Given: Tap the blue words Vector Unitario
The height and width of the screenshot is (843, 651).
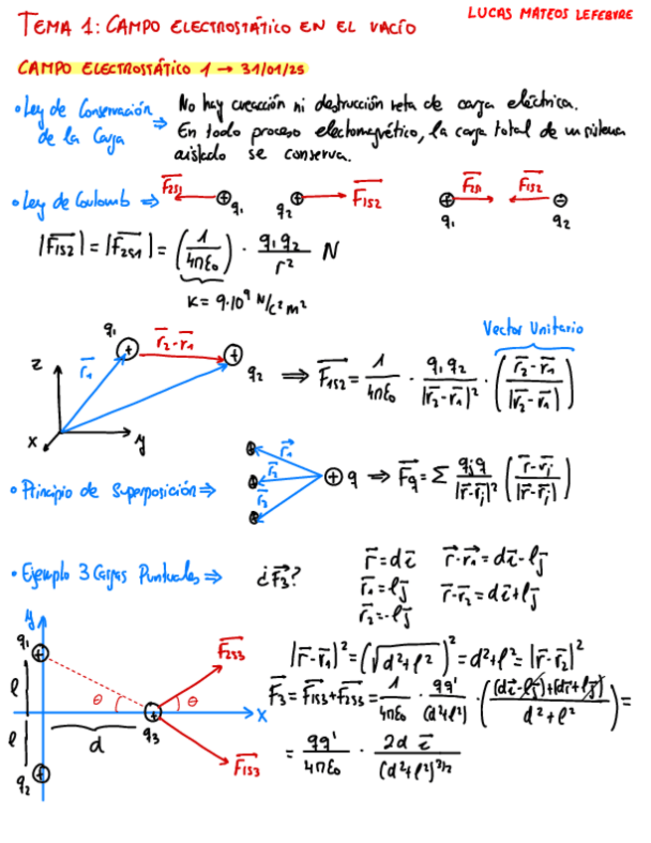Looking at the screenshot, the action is click(x=533, y=329).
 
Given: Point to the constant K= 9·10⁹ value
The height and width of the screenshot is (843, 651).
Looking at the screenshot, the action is click(x=231, y=301).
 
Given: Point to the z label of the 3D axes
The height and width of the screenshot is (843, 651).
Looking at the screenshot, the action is click(x=37, y=367).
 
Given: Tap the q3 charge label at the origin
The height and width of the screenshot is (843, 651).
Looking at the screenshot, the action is click(x=152, y=736).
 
